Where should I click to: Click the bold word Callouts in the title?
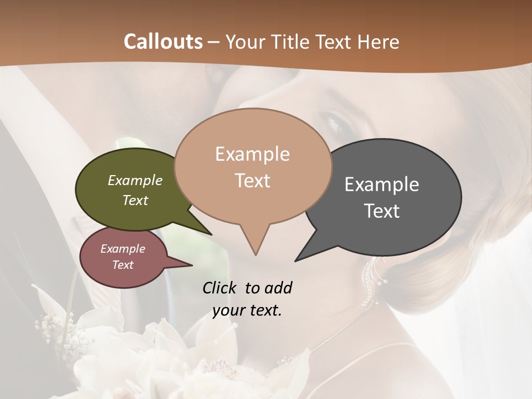pos(163,42)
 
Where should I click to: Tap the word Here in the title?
pos(377,42)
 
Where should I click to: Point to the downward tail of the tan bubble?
pos(255,244)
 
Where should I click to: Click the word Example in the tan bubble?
pos(252,154)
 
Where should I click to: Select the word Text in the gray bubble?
pos(382,211)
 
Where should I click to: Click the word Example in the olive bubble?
pos(135,181)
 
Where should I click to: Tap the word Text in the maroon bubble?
pos(122,265)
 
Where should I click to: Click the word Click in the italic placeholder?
pos(220,288)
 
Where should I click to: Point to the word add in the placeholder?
pos(278,288)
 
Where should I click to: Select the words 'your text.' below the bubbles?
pos(247,310)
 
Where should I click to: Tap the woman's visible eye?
pos(338,119)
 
